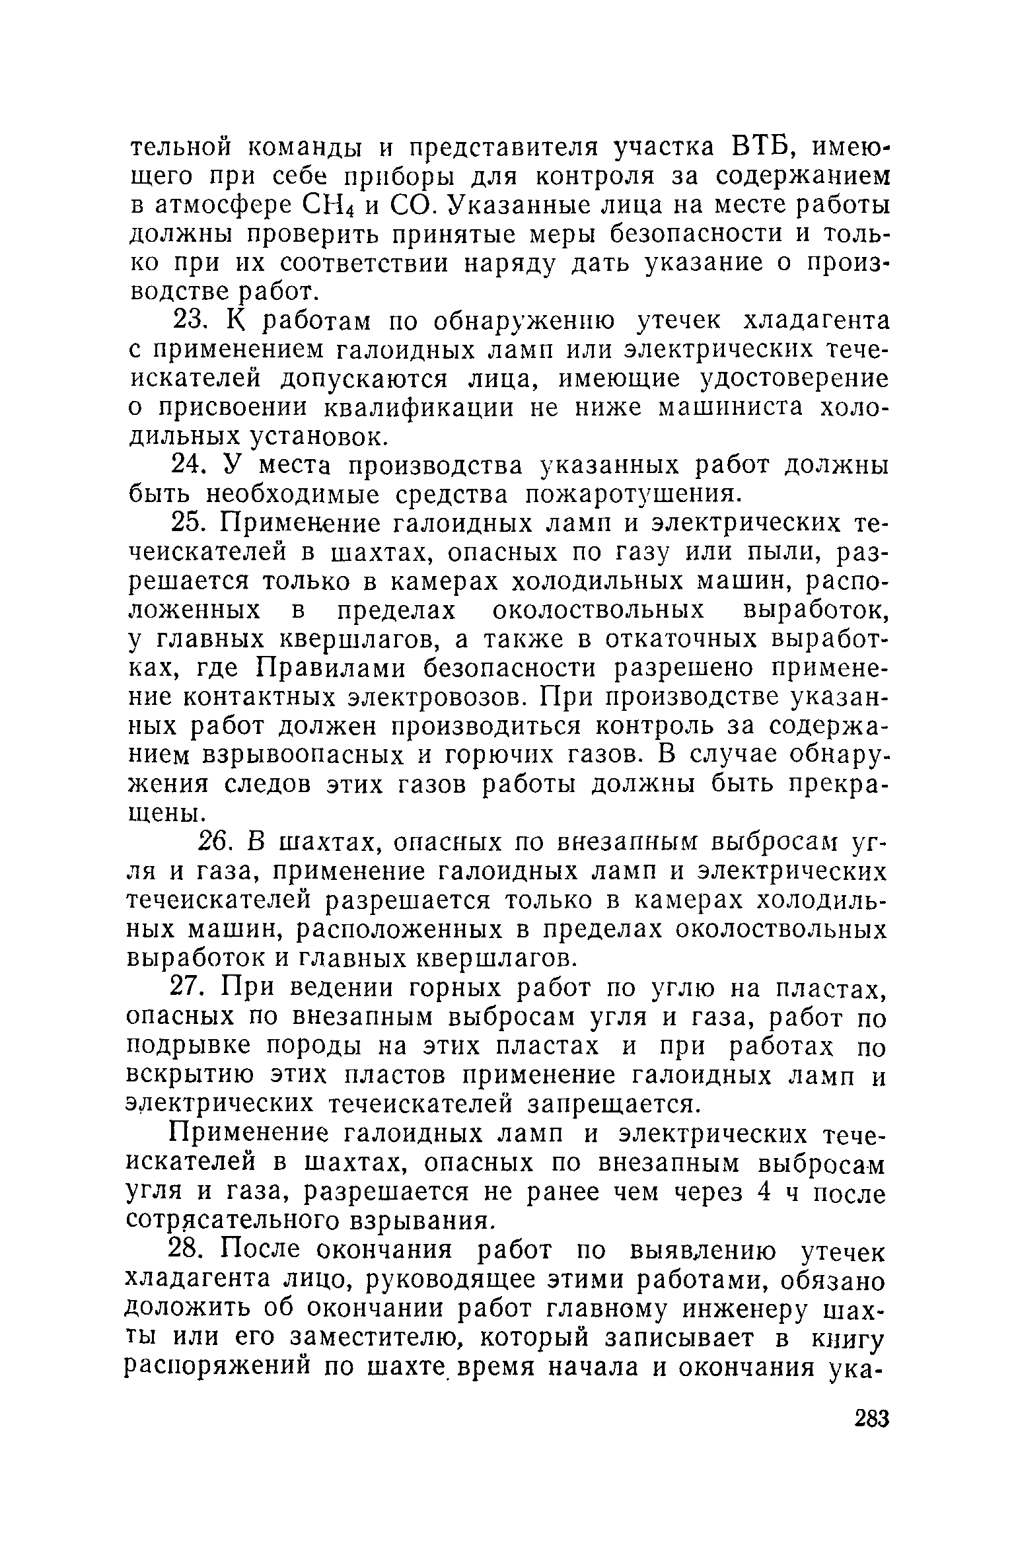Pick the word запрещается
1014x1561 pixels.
pyautogui.click(x=614, y=1105)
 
